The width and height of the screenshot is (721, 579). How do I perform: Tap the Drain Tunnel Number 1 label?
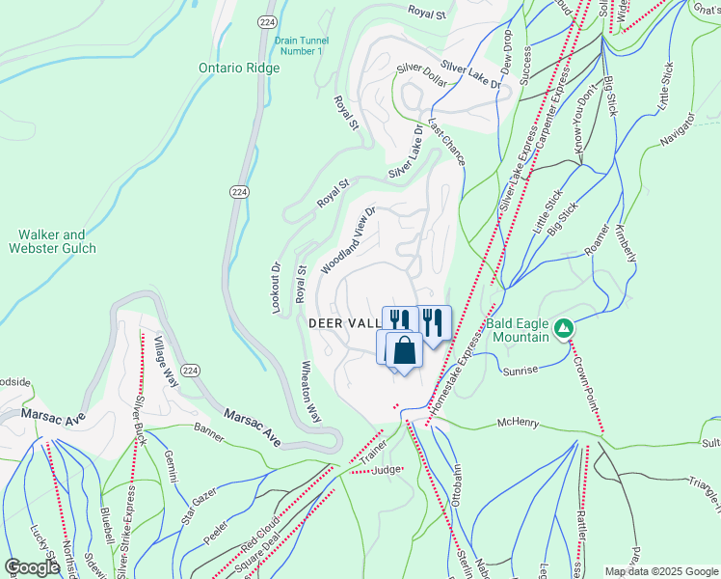(301, 45)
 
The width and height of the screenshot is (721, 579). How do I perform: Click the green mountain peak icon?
(563, 330)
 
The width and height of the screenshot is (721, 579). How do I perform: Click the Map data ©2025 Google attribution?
(660, 570)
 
